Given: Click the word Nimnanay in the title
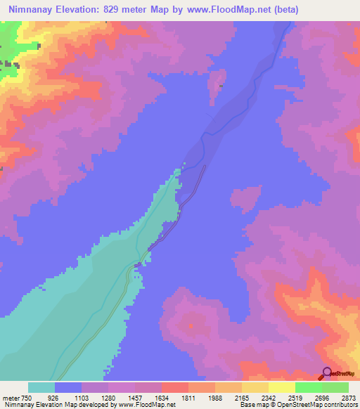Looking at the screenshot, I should click(31, 10).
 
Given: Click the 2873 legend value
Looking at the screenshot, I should click(349, 397).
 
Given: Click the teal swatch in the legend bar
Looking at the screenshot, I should click(41, 387).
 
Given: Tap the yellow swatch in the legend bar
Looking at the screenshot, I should click(282, 387).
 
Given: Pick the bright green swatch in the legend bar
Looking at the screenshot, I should click(309, 387).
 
